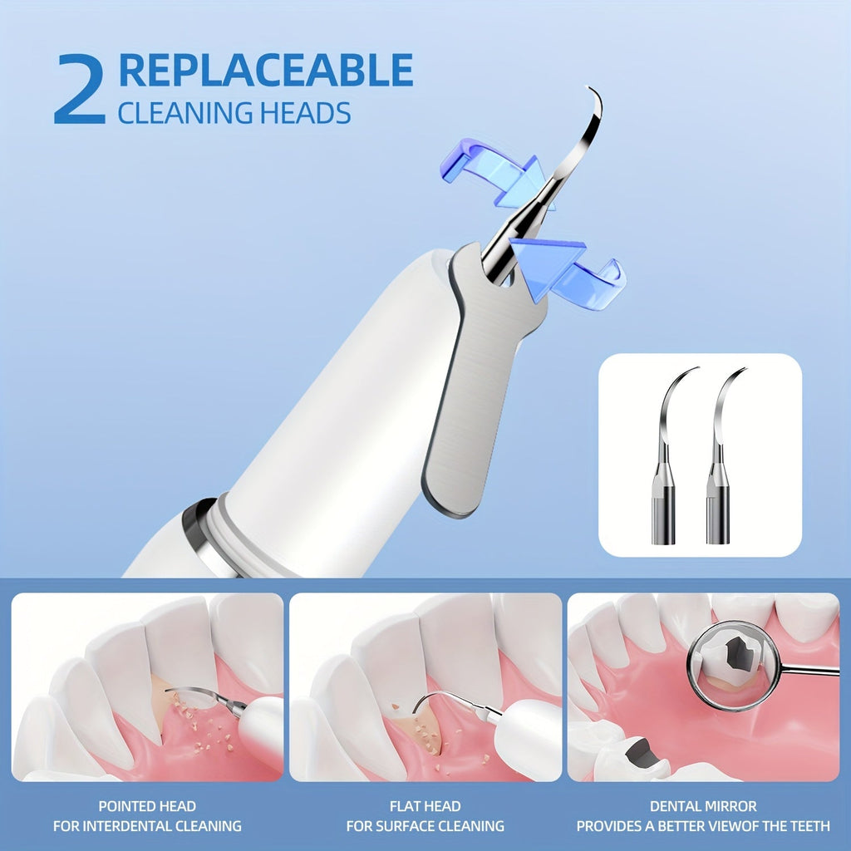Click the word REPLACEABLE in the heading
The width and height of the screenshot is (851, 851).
point(266,71)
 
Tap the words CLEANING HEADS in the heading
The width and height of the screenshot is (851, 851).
point(234,112)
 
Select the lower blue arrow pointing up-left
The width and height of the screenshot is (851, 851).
point(565,269)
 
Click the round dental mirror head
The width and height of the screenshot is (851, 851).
point(733,666)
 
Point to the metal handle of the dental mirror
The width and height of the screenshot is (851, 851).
point(810,670)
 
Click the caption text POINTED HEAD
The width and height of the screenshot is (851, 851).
point(147,806)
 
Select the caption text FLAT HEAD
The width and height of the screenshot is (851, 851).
point(425,806)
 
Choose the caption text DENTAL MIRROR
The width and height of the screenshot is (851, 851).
point(703,806)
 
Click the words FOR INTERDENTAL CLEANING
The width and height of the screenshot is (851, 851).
point(147,826)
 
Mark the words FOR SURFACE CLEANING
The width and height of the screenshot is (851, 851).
point(425,826)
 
